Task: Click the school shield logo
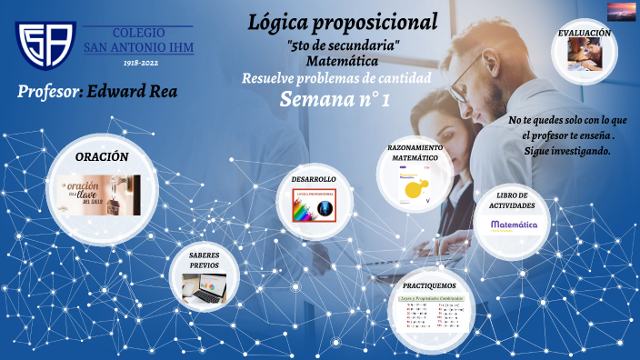click(x=45, y=45)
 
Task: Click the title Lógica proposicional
click(x=343, y=21)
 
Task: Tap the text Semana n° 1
click(x=335, y=99)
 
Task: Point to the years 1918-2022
click(x=138, y=64)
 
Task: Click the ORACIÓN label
click(x=102, y=156)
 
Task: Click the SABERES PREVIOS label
click(x=204, y=260)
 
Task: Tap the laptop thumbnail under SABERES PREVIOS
click(x=205, y=288)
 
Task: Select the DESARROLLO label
click(x=314, y=179)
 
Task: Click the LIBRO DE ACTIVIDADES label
click(x=515, y=201)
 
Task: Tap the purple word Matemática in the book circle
click(x=515, y=224)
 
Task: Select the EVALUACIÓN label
click(x=584, y=33)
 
